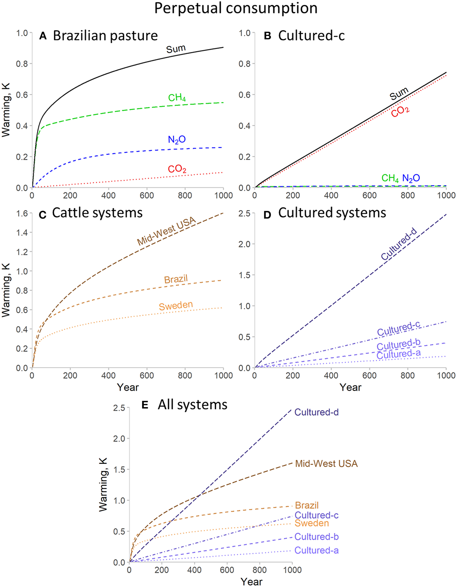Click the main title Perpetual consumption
tap(236, 8)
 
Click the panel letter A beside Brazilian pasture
tap(43, 36)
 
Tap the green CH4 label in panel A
tap(177, 98)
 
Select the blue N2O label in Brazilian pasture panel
tap(177, 139)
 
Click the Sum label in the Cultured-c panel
tap(399, 94)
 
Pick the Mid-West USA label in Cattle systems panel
tap(166, 231)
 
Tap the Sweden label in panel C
tap(176, 305)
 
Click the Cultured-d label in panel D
tap(399, 244)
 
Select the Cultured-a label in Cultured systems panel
tap(398, 355)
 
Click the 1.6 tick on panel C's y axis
tap(22, 213)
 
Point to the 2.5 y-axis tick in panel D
tap(245, 213)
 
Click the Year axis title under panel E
tap(251, 581)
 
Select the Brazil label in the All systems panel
tap(306, 505)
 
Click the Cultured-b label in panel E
tap(316, 537)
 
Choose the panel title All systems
tap(192, 405)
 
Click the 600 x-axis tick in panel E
tap(227, 570)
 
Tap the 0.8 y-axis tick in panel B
tap(245, 64)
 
